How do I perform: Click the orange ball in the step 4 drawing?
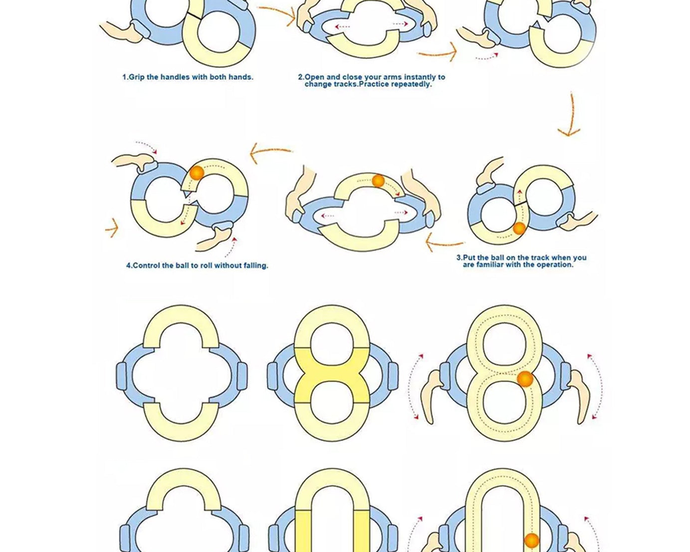click(x=197, y=173)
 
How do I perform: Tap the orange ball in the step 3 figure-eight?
click(x=519, y=229)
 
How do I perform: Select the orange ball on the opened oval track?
click(x=378, y=181)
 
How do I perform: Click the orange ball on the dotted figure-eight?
click(x=525, y=379)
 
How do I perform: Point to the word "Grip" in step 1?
click(x=137, y=77)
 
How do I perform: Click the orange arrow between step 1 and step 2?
click(x=277, y=14)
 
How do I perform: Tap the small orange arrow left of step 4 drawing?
click(x=112, y=229)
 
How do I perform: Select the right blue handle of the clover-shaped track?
click(x=242, y=375)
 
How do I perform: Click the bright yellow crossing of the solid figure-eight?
click(x=332, y=375)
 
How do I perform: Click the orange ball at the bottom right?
click(x=532, y=541)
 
